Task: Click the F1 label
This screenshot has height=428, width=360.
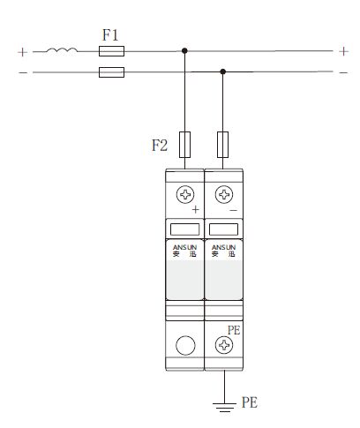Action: (110, 35)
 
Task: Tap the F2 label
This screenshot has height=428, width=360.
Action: (160, 146)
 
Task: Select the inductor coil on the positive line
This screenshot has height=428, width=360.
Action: (62, 50)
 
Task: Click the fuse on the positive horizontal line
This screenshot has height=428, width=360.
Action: (111, 51)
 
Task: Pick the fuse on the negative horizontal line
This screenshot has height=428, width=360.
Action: (111, 72)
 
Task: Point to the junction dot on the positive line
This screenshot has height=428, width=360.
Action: (184, 50)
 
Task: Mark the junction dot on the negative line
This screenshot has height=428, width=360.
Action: (223, 71)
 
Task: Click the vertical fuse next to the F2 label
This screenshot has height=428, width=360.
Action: (184, 145)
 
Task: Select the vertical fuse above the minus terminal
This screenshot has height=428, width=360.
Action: (222, 145)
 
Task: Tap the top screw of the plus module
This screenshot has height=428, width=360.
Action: (185, 194)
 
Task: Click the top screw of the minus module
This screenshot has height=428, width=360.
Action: (224, 194)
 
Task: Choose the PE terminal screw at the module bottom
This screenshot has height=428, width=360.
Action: (224, 345)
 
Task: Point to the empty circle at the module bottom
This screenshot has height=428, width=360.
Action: (185, 345)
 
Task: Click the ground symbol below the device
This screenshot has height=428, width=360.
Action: (225, 407)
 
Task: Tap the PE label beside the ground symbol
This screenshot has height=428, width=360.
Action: (250, 402)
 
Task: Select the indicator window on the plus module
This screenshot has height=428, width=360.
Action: (184, 229)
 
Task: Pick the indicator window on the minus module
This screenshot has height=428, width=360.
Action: (223, 229)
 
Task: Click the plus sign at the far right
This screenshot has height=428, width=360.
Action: (343, 51)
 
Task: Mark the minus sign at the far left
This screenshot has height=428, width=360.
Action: (23, 72)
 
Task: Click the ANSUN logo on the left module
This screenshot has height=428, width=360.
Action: (184, 251)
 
